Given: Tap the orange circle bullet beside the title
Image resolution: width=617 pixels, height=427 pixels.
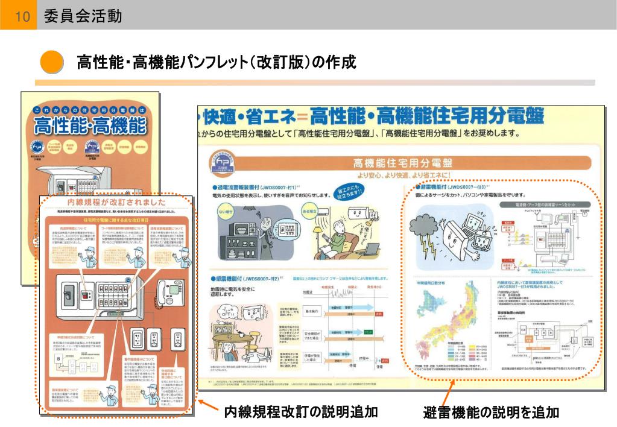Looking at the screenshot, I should (x=52, y=62).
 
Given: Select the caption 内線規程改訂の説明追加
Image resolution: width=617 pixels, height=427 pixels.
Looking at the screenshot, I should (x=300, y=412).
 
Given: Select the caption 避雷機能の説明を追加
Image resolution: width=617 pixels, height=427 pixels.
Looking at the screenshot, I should (x=491, y=413).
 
